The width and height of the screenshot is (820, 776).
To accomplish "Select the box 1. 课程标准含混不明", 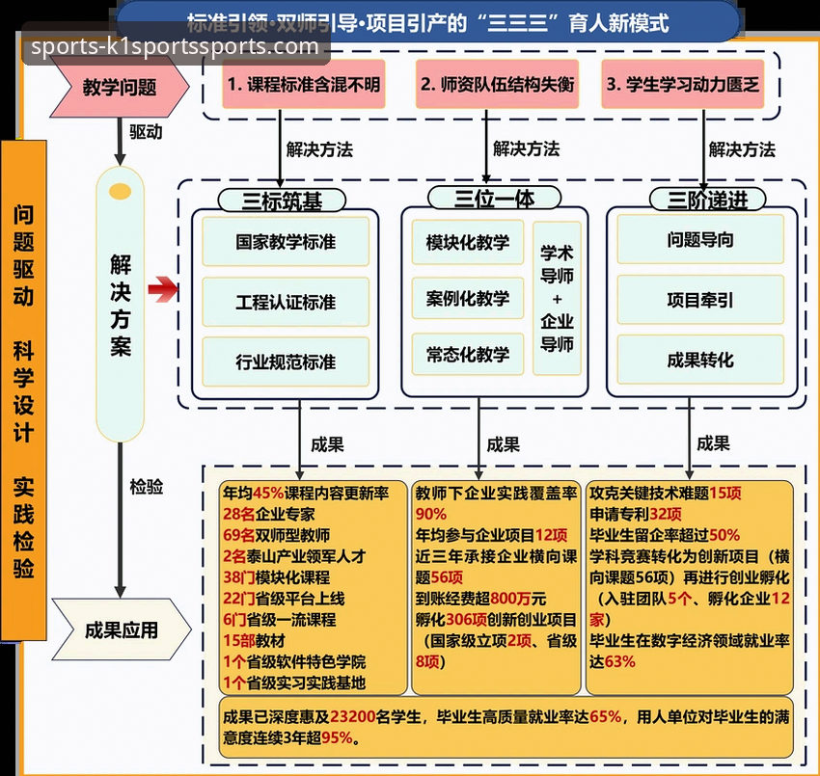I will [303, 85].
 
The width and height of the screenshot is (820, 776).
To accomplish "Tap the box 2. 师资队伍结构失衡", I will [497, 85].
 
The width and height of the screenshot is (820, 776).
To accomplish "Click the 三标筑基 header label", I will [282, 200].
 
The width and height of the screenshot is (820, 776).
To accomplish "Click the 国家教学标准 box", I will [286, 242].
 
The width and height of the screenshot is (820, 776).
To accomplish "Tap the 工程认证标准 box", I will [286, 302].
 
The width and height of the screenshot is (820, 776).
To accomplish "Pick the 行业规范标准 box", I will [286, 361].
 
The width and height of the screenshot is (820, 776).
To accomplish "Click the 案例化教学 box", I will [468, 299].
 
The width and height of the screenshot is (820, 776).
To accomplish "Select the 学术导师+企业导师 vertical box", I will [557, 298].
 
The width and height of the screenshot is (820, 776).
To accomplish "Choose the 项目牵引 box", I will [700, 300].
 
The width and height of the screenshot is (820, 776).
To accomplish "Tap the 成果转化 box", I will [700, 360].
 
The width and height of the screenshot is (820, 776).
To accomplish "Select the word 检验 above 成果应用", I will [146, 488].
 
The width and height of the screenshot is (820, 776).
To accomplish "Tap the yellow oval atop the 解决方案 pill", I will [121, 191].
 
